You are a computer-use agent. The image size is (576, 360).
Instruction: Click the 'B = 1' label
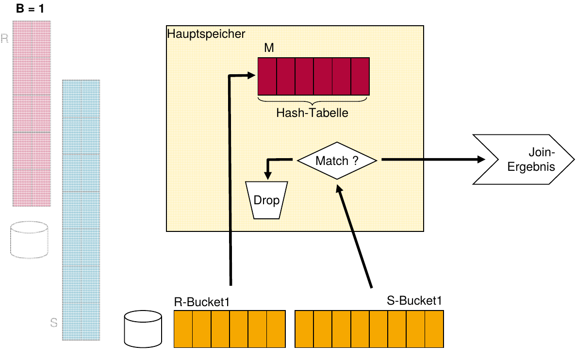[x=31, y=9]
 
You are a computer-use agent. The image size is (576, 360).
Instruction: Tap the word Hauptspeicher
[x=206, y=34]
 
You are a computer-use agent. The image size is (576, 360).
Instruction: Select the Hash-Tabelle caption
[x=313, y=113]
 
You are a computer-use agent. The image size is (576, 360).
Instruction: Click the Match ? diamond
[x=337, y=161]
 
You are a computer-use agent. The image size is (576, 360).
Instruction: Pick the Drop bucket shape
[x=266, y=200]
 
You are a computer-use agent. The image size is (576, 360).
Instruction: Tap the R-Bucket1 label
[x=201, y=301]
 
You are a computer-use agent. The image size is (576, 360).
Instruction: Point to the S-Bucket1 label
[x=414, y=301]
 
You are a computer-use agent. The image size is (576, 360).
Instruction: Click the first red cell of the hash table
[x=267, y=76]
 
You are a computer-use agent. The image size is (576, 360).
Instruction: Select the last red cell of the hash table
[x=360, y=76]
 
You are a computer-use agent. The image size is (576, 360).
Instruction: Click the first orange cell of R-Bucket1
[x=183, y=329]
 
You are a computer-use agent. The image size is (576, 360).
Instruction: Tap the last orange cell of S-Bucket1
[x=434, y=329]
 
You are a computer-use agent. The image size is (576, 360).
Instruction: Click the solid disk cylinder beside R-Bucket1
[x=143, y=329]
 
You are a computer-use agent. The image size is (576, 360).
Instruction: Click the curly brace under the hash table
[x=313, y=101]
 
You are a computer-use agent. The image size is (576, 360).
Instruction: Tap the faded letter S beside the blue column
[x=54, y=323]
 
